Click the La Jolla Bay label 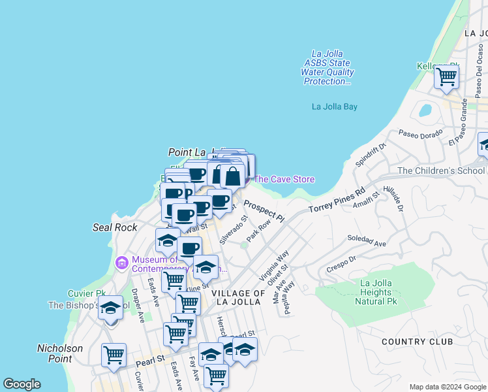335,106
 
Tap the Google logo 22,384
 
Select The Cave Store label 284,179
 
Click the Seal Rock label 115,227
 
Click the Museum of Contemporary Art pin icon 121,263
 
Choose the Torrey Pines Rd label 337,200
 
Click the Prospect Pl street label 265,209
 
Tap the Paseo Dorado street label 421,134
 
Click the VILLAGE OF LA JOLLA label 238,298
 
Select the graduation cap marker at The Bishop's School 110,306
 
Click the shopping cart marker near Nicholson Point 114,355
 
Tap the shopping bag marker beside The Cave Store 233,175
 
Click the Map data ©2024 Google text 447,386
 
